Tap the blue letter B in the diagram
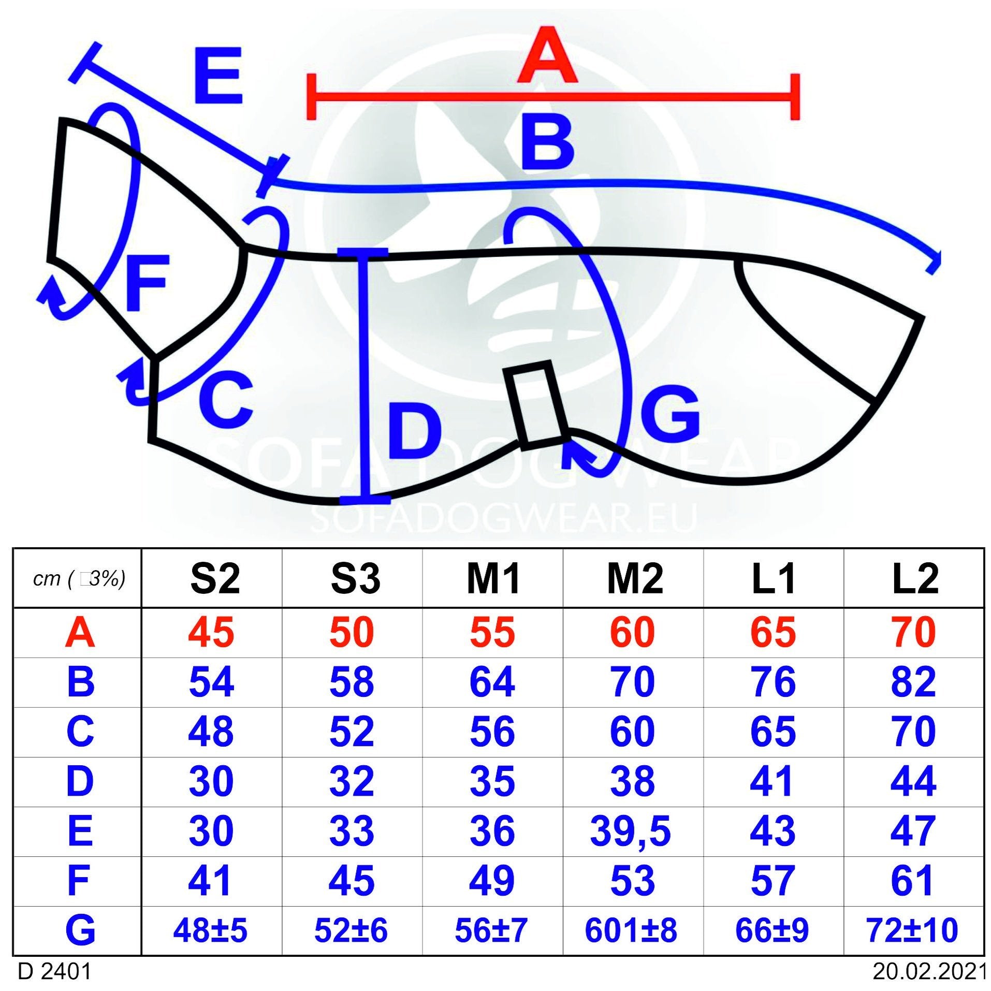coord(547,142)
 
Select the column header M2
coord(634,578)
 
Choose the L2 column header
coord(914,578)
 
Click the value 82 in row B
coord(913,682)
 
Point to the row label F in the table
coord(79,880)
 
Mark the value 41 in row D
coord(771,781)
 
